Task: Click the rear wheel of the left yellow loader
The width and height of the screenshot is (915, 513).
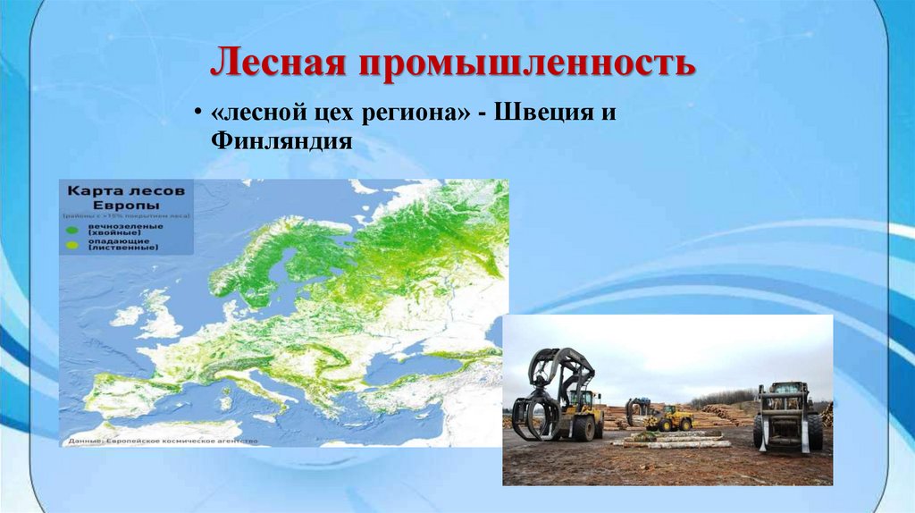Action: (585, 429)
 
